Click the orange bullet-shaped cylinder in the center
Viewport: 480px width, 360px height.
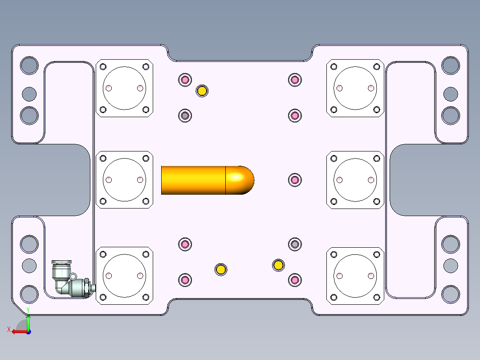pos(196,180)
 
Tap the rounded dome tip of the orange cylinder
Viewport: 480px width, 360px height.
pos(243,180)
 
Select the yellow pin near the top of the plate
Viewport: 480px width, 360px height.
pos(202,91)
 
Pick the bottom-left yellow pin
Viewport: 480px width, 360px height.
pos(220,269)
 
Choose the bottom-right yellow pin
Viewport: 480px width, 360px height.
pos(278,266)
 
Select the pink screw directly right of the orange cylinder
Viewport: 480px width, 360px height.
pos(294,180)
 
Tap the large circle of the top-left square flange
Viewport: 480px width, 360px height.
pos(124,88)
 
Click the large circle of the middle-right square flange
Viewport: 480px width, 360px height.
pos(355,180)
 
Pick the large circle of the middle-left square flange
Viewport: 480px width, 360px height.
pos(124,180)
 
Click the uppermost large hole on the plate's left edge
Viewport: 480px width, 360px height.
pos(29,65)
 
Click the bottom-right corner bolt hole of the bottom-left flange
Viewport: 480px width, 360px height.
pos(146,297)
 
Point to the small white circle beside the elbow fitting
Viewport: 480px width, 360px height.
pos(73,277)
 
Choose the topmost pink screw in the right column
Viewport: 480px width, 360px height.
pos(294,80)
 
